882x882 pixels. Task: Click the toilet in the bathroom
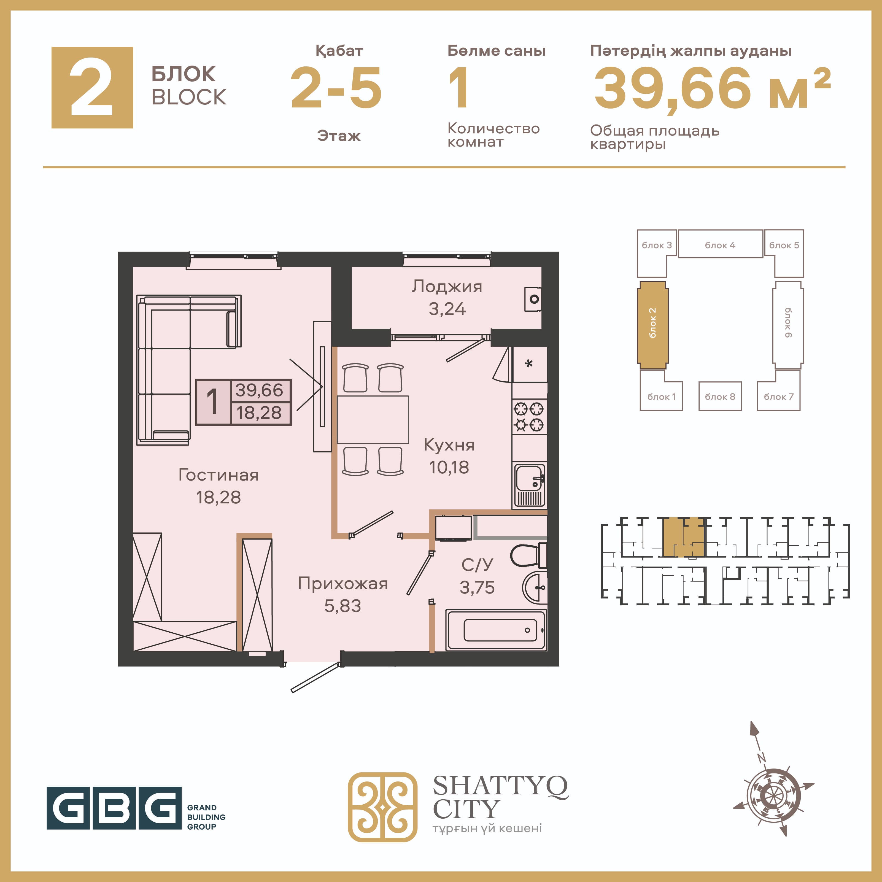pos(529,555)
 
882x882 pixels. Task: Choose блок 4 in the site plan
pos(720,244)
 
